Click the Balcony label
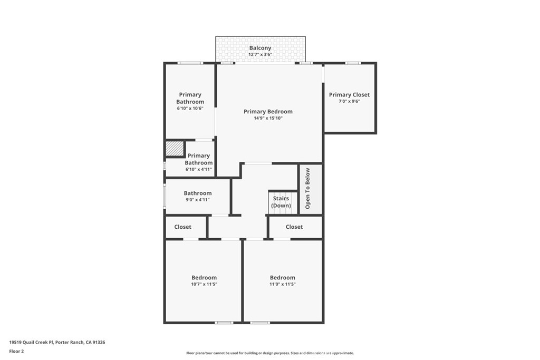coord(260,48)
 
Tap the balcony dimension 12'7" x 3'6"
coord(260,54)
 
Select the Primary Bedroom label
coord(268,112)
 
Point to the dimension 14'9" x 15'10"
coord(268,118)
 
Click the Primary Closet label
coord(349,95)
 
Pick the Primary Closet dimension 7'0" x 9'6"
coord(349,101)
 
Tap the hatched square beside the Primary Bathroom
coord(174,149)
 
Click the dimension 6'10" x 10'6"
coord(190,109)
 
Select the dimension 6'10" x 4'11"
coord(199,169)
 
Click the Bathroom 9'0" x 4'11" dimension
coord(197,200)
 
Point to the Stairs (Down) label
coord(281,202)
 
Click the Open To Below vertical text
coord(307,188)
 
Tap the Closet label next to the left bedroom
coord(182,227)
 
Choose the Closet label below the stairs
coord(294,227)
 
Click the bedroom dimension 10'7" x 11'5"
coord(204,284)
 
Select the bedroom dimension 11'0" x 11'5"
coord(283,284)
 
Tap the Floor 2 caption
coord(16,352)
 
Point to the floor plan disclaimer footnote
coord(270,353)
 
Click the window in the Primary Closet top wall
coord(353,63)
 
